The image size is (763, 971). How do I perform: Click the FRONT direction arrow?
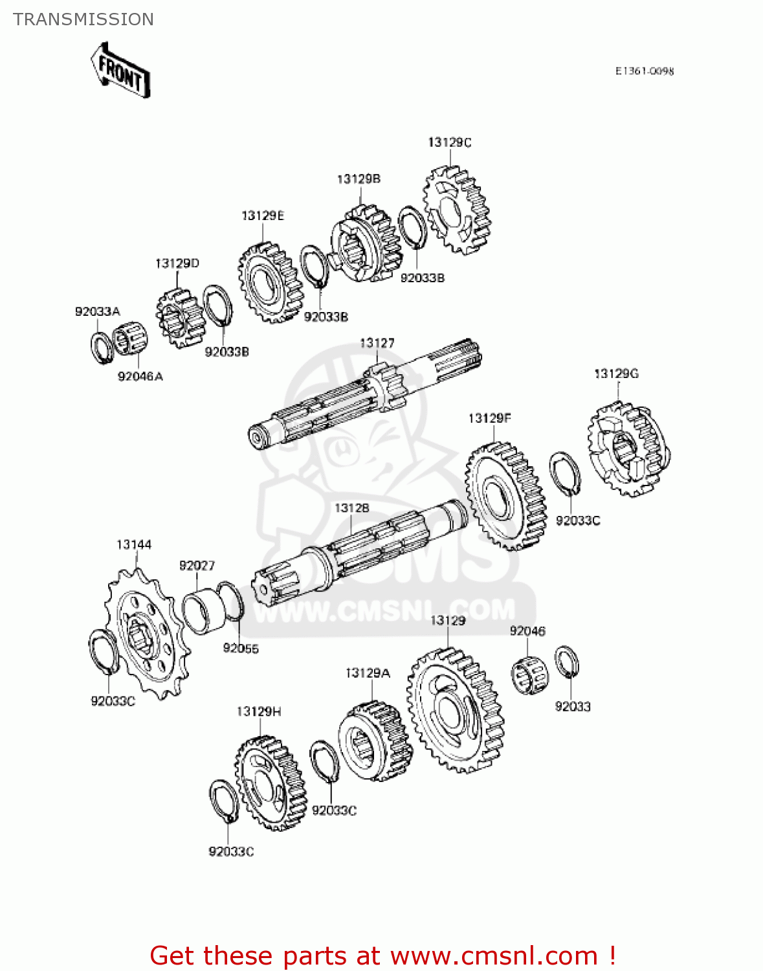click(120, 70)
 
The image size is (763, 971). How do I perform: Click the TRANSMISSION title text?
click(83, 19)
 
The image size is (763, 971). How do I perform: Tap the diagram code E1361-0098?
click(644, 71)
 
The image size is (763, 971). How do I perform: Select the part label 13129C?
click(449, 142)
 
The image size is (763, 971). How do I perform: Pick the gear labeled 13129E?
click(270, 283)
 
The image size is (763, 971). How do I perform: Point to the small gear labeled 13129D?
click(179, 318)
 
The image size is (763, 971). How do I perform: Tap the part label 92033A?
click(97, 311)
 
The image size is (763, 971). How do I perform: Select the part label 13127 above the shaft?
click(377, 343)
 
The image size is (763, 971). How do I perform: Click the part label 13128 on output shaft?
click(351, 508)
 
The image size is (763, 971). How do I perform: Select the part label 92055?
click(241, 648)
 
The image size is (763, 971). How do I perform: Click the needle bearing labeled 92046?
click(530, 675)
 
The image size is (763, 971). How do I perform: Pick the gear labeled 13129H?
click(270, 783)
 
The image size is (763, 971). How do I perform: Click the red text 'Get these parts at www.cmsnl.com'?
click(382, 955)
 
